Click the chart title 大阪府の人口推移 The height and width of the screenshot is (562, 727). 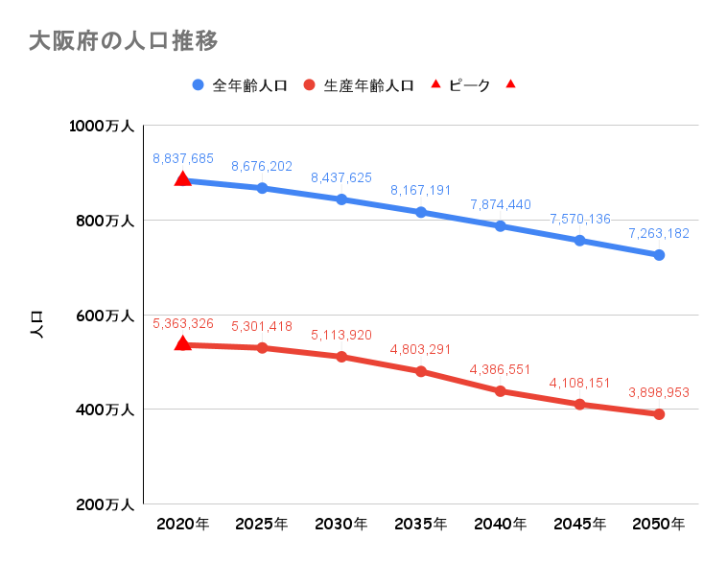124,41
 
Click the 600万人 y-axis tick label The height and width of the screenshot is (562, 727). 105,316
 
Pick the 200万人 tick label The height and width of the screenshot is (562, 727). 105,504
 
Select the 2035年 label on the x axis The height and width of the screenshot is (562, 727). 420,524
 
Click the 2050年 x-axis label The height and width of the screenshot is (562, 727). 659,524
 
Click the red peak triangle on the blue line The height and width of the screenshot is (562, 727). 183,178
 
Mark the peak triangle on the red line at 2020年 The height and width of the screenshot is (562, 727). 183,342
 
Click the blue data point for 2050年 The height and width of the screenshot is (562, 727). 659,255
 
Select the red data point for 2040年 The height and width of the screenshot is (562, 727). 501,391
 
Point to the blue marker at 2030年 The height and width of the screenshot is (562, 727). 341,199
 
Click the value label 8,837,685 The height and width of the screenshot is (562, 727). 183,158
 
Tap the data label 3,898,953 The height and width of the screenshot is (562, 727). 659,392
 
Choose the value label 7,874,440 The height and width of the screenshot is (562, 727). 501,204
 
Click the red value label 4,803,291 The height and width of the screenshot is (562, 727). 420,349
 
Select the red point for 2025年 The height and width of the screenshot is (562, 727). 262,347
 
